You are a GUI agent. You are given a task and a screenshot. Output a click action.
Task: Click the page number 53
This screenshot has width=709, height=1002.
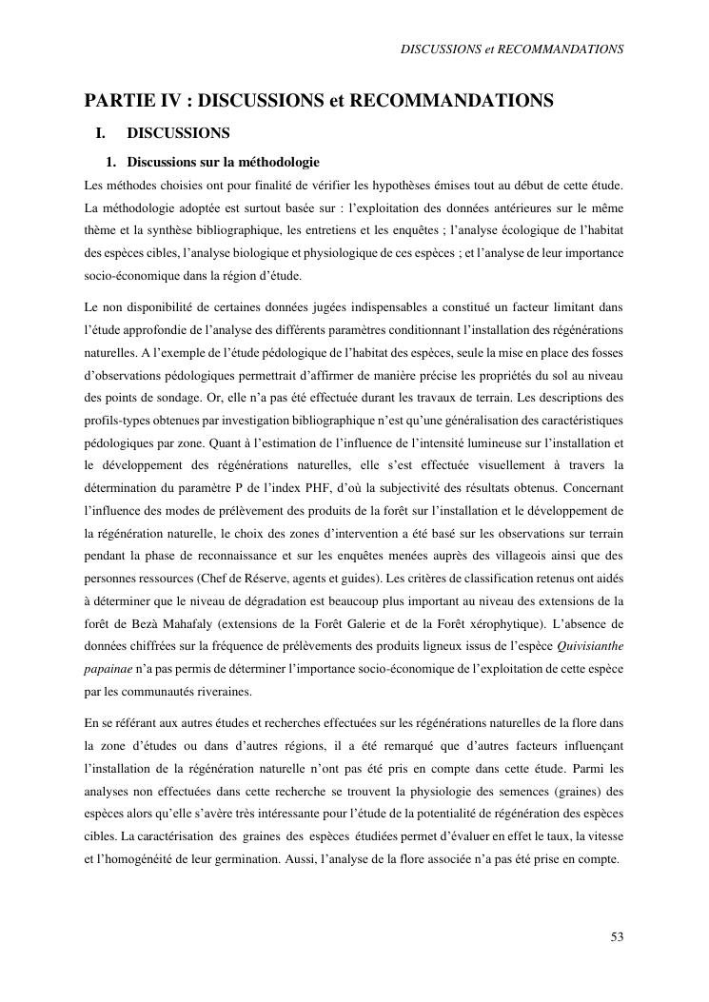(617, 937)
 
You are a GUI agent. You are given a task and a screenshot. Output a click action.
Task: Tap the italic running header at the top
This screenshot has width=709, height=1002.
(512, 49)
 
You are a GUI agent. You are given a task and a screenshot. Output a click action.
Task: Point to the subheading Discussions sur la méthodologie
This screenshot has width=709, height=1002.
(223, 162)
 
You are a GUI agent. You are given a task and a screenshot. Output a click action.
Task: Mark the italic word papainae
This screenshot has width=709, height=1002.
(106, 671)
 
